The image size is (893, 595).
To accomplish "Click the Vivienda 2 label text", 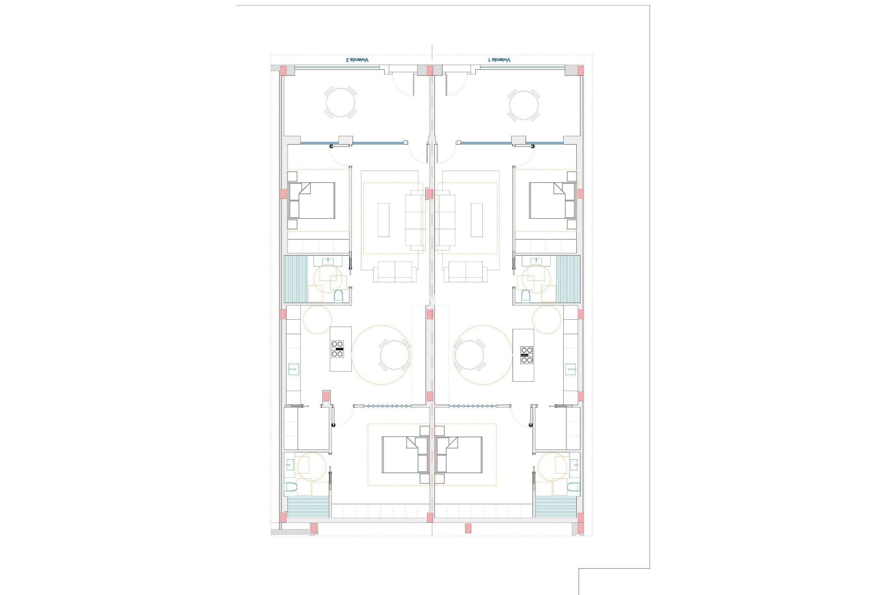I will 357,60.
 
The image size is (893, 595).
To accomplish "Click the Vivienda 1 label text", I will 499,60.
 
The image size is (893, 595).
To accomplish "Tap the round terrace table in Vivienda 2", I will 340,102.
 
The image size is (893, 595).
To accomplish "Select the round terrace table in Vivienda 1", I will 524,105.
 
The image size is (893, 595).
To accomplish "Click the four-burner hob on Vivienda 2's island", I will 337,349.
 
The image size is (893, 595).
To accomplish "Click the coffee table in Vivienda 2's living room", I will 383,220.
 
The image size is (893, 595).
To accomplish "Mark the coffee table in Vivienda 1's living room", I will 477,220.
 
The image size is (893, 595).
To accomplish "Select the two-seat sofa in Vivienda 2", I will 395,271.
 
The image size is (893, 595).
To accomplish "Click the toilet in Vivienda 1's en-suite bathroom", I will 574,487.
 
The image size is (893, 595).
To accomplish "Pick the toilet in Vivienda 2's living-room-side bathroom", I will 339,296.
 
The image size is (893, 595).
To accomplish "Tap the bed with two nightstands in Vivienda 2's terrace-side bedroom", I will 312,200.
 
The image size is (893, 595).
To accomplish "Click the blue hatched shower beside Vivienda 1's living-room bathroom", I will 568,279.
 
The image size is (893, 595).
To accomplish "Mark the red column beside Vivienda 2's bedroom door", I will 326,397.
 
